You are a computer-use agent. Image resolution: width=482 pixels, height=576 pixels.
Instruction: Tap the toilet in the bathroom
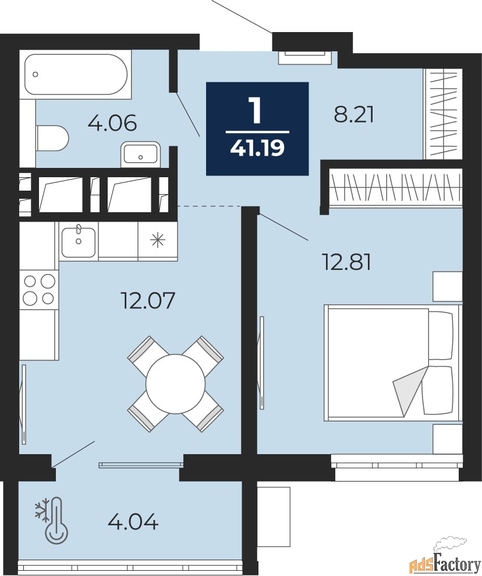pyautogui.click(x=52, y=138)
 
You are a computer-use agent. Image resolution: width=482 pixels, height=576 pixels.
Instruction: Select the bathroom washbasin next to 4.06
pyautogui.click(x=140, y=153)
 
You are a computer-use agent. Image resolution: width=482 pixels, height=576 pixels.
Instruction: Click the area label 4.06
pyautogui.click(x=112, y=122)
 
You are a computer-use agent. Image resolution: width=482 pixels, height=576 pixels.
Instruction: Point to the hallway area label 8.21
pyautogui.click(x=353, y=115)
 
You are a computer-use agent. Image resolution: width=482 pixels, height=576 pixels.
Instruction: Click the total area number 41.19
pyautogui.click(x=257, y=149)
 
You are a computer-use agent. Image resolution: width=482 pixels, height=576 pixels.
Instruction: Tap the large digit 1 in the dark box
pyautogui.click(x=256, y=110)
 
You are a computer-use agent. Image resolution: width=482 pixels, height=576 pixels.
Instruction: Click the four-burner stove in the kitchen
pyautogui.click(x=39, y=290)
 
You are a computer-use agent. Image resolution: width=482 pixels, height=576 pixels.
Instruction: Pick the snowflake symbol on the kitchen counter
pyautogui.click(x=158, y=240)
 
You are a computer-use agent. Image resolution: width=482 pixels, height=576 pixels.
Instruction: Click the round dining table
pyautogui.click(x=175, y=384)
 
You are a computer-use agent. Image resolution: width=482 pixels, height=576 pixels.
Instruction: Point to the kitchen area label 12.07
pyautogui.click(x=147, y=300)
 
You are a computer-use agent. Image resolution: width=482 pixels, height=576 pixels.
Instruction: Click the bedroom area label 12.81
pyautogui.click(x=346, y=262)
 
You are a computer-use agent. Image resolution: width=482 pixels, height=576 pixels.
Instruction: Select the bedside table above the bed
pyautogui.click(x=447, y=287)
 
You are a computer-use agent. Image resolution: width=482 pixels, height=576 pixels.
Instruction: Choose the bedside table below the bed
pyautogui.click(x=447, y=438)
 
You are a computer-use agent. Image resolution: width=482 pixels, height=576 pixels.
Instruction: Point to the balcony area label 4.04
pyautogui.click(x=133, y=522)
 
